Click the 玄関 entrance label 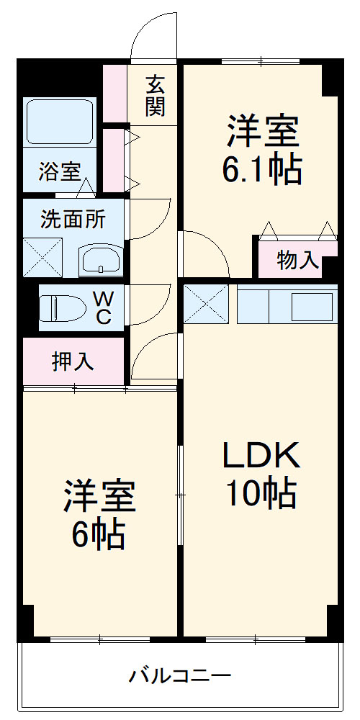point(156,96)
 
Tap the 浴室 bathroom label point(60,173)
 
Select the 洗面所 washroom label point(73,219)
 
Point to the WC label point(104,308)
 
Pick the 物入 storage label point(298,261)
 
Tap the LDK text point(259,455)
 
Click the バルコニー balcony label point(180,677)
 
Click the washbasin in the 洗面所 point(100,260)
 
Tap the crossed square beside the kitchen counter point(206,304)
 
